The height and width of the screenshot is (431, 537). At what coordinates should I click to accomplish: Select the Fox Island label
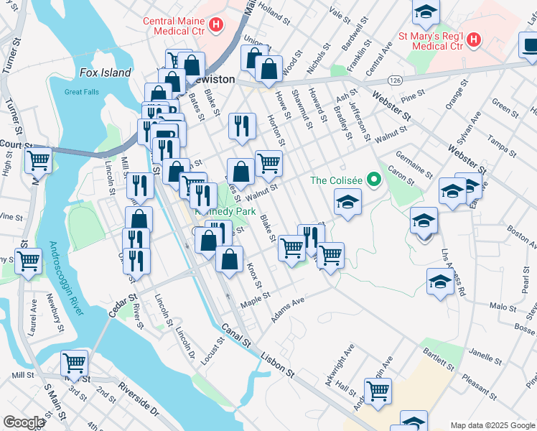(105, 73)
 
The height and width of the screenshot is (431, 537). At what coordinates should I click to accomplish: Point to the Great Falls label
(81, 92)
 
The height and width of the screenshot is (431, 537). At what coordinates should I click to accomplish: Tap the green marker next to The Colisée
(373, 180)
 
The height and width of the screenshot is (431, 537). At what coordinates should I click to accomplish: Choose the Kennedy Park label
(226, 212)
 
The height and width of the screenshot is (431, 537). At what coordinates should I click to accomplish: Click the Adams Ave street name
(287, 311)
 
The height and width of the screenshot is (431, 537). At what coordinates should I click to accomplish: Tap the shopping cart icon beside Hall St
(378, 391)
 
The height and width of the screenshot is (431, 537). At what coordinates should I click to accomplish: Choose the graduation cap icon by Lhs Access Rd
(439, 282)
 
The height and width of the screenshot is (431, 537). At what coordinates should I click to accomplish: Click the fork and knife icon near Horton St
(242, 125)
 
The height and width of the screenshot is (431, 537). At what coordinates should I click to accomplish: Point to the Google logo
(24, 422)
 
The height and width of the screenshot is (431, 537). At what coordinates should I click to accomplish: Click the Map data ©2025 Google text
(492, 425)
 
